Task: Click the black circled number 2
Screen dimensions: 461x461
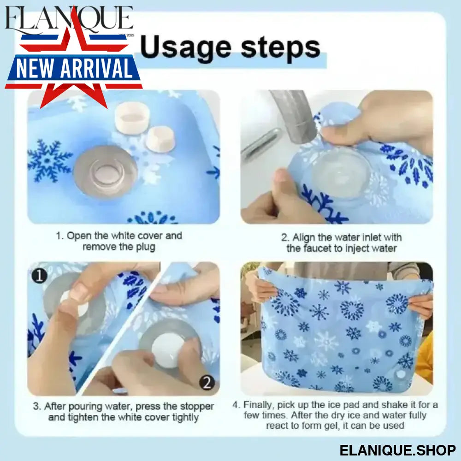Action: tap(207, 383)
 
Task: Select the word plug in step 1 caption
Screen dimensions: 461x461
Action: tap(145, 247)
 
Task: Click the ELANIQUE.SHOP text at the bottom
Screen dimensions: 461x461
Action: tap(397, 450)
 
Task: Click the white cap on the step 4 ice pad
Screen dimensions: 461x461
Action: tap(401, 374)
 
